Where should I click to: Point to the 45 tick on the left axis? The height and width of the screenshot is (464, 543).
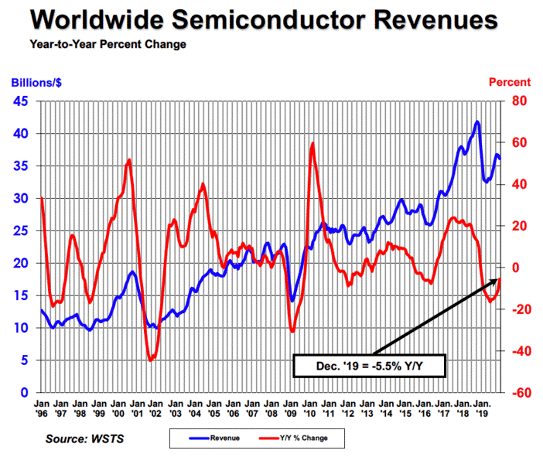pyautogui.click(x=22, y=101)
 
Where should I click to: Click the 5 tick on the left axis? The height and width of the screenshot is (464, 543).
pyautogui.click(x=26, y=360)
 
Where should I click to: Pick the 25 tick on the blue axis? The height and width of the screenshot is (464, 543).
pyautogui.click(x=22, y=230)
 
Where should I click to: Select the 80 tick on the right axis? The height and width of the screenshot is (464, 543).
pyautogui.click(x=516, y=101)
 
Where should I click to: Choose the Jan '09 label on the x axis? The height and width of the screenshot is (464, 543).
pyautogui.click(x=291, y=408)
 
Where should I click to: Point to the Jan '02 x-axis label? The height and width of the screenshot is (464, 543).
pyautogui.click(x=156, y=408)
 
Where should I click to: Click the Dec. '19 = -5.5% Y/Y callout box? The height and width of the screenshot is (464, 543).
pyautogui.click(x=371, y=366)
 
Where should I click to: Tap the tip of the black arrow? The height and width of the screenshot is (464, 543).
pyautogui.click(x=500, y=279)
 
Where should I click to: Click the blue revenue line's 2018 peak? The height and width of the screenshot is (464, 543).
pyautogui.click(x=477, y=121)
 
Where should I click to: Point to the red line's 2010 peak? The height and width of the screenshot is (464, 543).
pyautogui.click(x=312, y=143)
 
